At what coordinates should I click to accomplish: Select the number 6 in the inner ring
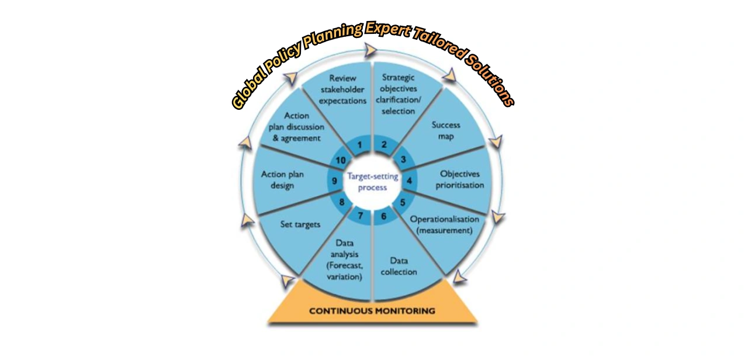click(x=383, y=216)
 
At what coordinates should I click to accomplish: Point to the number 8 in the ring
click(x=342, y=203)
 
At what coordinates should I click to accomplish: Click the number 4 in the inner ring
click(x=409, y=181)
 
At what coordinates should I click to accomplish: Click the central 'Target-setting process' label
click(x=373, y=181)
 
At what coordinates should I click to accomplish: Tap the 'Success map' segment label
click(x=446, y=131)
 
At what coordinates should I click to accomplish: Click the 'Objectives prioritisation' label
click(x=461, y=179)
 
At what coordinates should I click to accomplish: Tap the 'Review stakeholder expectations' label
click(x=343, y=89)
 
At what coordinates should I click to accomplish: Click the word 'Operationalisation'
click(x=445, y=219)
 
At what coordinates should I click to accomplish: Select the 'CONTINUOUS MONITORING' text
click(x=372, y=311)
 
